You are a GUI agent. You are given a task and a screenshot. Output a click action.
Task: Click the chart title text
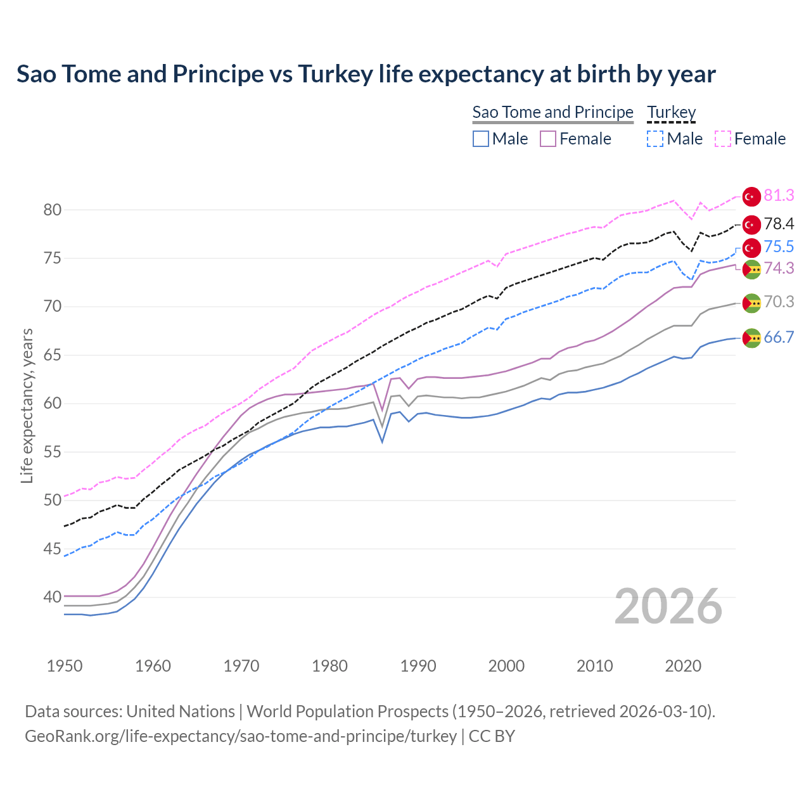[x=366, y=74]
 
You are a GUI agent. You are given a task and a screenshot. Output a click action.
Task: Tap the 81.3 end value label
[x=779, y=196]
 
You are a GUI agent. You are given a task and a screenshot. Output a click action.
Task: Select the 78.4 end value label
[x=779, y=224]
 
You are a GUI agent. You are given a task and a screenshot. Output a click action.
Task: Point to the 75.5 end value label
[x=779, y=246]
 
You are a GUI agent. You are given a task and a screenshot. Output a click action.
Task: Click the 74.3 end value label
[x=779, y=268]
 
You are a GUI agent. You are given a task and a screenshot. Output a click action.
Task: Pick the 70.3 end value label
[x=779, y=302]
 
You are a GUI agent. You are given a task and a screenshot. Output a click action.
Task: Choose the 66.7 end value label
[x=779, y=337]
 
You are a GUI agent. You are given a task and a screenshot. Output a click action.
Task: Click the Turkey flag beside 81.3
[x=751, y=196]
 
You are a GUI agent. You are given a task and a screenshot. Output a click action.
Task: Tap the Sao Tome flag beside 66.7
[x=751, y=338]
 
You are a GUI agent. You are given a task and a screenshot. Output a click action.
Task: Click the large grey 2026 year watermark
[x=668, y=606]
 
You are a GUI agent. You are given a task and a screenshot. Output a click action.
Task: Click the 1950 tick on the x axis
[x=65, y=666]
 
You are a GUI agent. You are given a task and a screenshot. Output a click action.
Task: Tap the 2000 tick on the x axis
[x=506, y=666]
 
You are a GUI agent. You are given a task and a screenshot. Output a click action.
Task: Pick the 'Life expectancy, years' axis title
[x=27, y=405]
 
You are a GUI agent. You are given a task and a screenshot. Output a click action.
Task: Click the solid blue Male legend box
[x=481, y=139]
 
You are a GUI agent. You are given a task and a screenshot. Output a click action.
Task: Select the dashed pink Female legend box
[x=723, y=139]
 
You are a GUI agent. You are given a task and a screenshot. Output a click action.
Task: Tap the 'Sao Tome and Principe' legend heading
[x=552, y=112]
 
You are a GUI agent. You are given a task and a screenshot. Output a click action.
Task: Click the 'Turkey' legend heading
[x=671, y=112]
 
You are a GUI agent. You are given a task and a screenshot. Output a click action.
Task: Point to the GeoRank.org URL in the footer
[x=241, y=736]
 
